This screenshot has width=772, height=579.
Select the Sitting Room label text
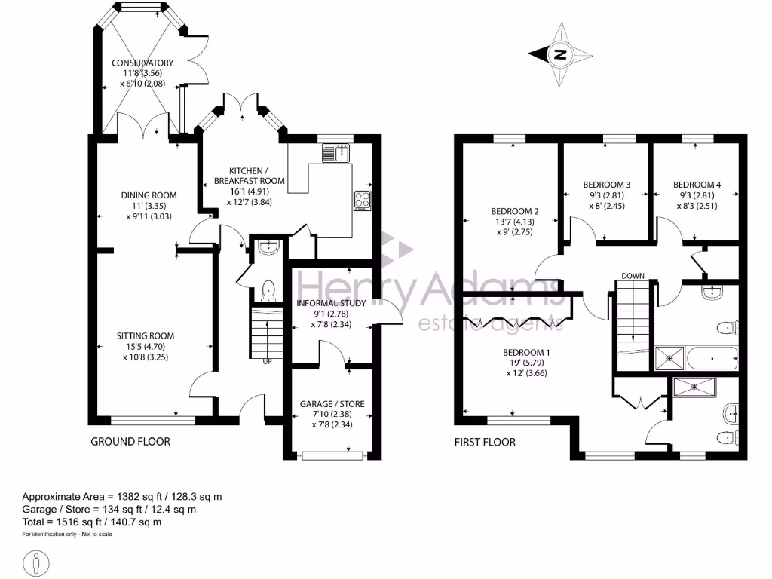click(x=146, y=336)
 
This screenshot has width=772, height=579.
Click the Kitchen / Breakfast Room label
click(x=249, y=176)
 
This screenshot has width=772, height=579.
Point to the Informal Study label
click(x=332, y=303)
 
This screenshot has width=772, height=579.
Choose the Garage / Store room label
click(x=332, y=404)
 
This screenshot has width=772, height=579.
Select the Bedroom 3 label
click(x=607, y=185)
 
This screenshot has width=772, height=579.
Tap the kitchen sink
click(x=335, y=153)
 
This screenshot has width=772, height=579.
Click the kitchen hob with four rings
click(x=361, y=201)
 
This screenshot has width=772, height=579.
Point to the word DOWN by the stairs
click(x=633, y=276)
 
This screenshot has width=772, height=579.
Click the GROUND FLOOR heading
click(x=130, y=442)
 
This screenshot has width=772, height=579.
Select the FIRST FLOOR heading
click(x=485, y=442)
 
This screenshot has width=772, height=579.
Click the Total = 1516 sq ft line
click(x=92, y=522)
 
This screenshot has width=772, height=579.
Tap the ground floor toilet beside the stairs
click(x=267, y=289)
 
